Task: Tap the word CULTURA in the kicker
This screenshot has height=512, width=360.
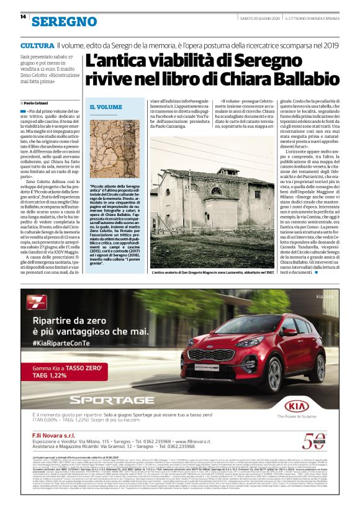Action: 37,46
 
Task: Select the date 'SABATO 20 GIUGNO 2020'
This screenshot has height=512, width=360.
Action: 258,17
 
